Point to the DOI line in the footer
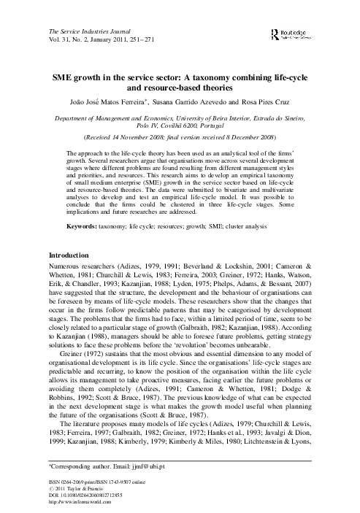click(x=89, y=493)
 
